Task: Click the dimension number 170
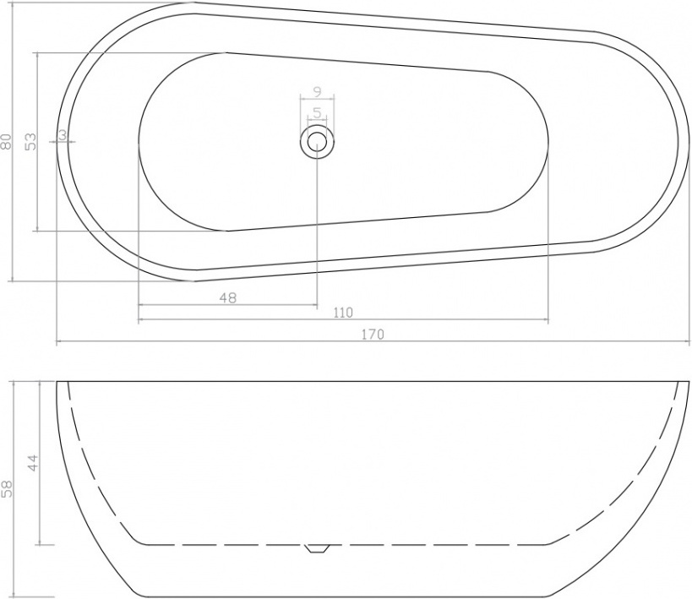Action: pyautogui.click(x=373, y=335)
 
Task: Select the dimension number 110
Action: pyautogui.click(x=343, y=313)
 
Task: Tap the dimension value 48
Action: pyautogui.click(x=228, y=298)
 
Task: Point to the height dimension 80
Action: pyautogui.click(x=6, y=141)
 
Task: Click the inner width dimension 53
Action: pyautogui.click(x=31, y=141)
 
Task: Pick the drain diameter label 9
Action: pyautogui.click(x=317, y=91)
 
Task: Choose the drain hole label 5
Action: pyautogui.click(x=317, y=113)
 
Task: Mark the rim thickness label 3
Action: pyautogui.click(x=62, y=134)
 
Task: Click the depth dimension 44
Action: pyautogui.click(x=34, y=462)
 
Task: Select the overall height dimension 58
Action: pyautogui.click(x=6, y=489)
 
